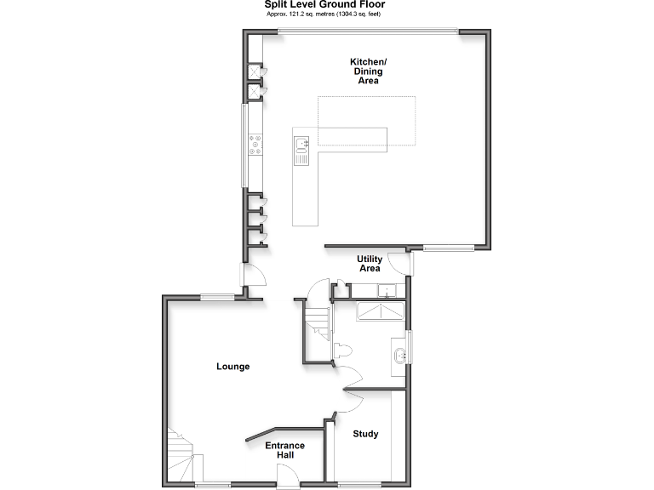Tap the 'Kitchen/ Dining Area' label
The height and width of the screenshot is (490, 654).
[x=368, y=71]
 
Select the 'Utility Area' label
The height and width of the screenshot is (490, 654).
[x=369, y=263]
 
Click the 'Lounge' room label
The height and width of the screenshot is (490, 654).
[x=232, y=367]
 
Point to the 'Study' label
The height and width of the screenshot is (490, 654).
[x=365, y=434]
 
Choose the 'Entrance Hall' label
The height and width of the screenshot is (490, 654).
[x=284, y=451]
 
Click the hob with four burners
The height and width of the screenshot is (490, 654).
[x=255, y=145]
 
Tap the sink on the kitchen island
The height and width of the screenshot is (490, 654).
[x=301, y=149]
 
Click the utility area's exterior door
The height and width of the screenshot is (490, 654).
[x=410, y=265]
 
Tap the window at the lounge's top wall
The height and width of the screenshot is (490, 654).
[x=218, y=296]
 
